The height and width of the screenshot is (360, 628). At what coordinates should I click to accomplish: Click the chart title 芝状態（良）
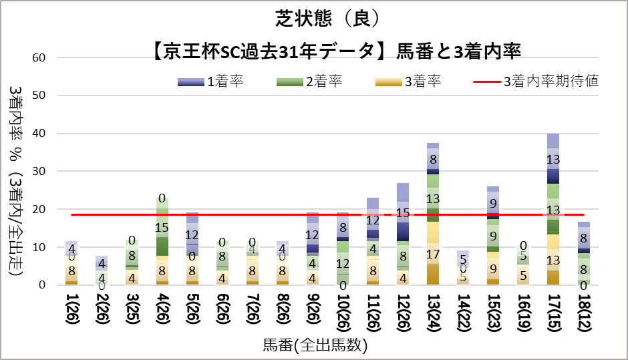pos(314,17)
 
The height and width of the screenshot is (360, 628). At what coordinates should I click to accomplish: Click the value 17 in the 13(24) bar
pos(433,254)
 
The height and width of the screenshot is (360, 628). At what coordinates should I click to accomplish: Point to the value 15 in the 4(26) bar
pos(162,228)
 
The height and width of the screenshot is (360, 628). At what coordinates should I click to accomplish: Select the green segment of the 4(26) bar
pos(162,227)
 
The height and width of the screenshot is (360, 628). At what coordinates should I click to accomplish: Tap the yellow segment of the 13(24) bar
pos(433,253)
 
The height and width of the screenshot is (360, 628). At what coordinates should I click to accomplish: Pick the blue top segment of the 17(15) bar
pos(553,159)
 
